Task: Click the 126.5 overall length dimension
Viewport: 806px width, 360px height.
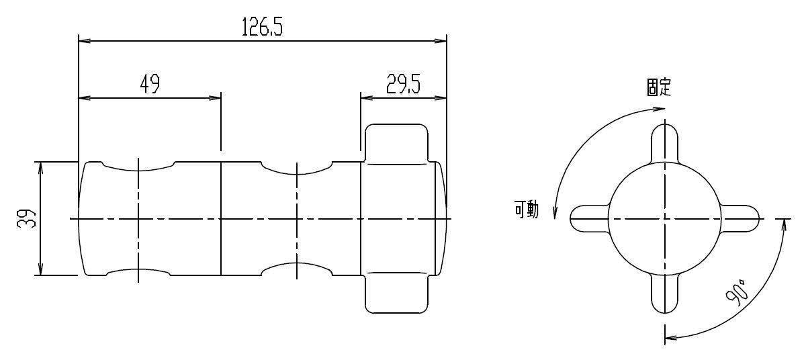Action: tap(262, 27)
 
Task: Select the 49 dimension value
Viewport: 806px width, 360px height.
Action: tap(150, 84)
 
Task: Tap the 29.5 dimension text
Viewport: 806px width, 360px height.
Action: tap(403, 84)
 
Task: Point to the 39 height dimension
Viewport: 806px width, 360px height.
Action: tap(27, 218)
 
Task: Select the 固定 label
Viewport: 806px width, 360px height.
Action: tap(659, 87)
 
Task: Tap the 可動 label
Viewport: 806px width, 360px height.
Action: tap(527, 210)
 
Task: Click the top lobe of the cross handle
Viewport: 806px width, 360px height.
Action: tap(664, 144)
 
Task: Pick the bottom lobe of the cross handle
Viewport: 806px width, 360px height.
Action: tap(664, 293)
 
